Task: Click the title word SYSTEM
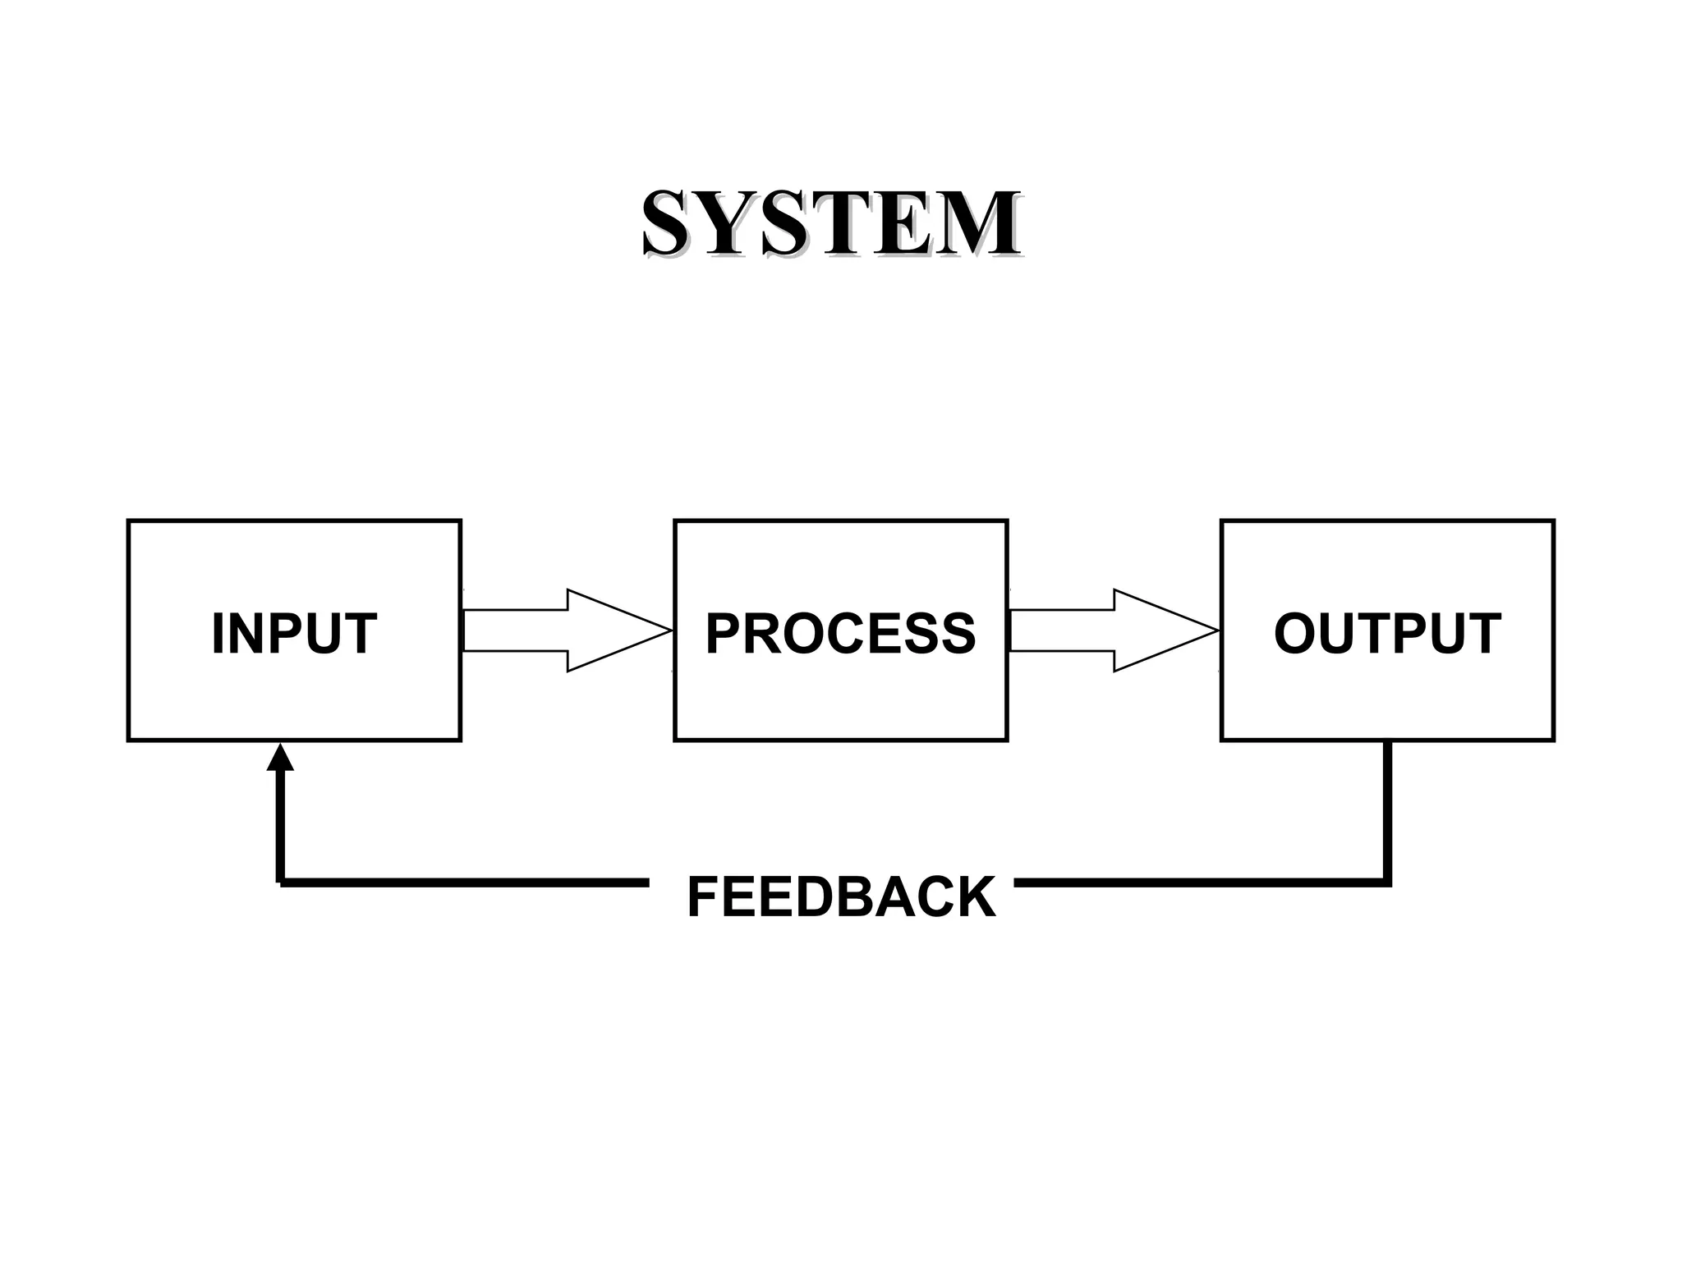(831, 223)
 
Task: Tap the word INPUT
(294, 633)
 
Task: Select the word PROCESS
(840, 633)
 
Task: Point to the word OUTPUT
(1387, 633)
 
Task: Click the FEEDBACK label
(841, 896)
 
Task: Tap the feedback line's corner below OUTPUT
(1387, 883)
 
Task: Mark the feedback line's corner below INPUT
(281, 883)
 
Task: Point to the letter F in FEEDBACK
(704, 896)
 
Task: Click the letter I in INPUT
(218, 633)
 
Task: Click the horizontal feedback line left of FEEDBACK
(464, 883)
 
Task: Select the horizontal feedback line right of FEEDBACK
(1199, 883)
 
